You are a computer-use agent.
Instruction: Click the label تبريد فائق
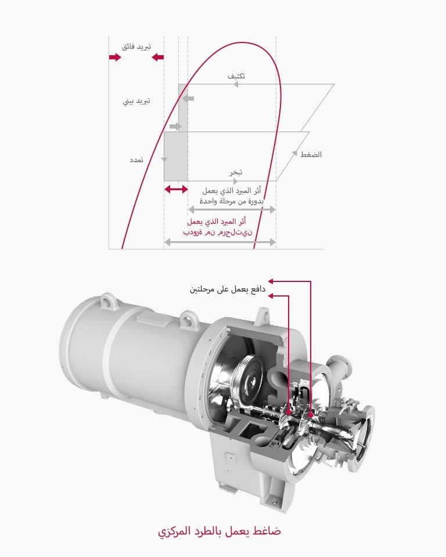point(136,46)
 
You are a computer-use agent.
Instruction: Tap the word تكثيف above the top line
point(236,76)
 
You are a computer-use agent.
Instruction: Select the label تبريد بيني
point(136,101)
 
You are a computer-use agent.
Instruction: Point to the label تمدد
point(137,159)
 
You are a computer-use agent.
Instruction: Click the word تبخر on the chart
point(235,172)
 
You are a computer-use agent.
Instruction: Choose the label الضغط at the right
point(311,155)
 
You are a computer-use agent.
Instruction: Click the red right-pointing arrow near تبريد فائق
point(114,58)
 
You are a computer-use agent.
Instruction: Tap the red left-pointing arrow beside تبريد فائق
point(157,58)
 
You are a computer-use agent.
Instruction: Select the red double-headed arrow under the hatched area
point(176,190)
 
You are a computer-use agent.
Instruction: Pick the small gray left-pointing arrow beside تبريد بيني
point(188,98)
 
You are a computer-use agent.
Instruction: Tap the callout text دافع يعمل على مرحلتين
point(228,289)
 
